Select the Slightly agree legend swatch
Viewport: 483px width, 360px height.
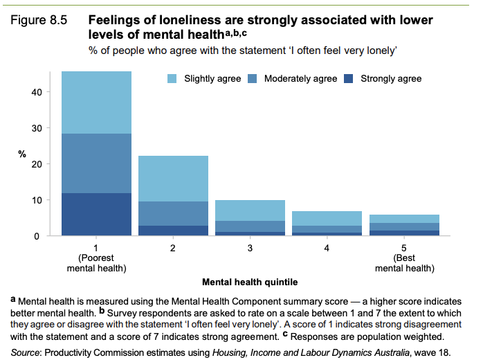coord(173,79)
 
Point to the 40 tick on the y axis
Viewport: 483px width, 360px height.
coord(38,92)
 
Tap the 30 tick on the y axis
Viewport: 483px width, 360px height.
coord(38,128)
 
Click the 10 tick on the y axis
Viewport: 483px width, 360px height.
coord(38,200)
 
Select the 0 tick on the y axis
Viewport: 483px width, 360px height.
coord(41,236)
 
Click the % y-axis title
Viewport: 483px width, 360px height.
coord(22,154)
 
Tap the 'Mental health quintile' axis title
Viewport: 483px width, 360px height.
coord(250,283)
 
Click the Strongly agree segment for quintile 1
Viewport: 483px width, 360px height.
coord(96,215)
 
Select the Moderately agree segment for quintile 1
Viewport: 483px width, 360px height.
coord(96,163)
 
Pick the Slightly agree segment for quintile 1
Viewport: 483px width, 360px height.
coord(96,102)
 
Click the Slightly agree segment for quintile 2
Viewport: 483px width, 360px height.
coord(173,179)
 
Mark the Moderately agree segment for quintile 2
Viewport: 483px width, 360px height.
coord(173,214)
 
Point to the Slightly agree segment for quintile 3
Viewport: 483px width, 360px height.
coord(250,210)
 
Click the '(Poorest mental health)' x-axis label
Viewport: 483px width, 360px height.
coord(96,263)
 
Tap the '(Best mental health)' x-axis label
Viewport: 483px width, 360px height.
coord(403,263)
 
